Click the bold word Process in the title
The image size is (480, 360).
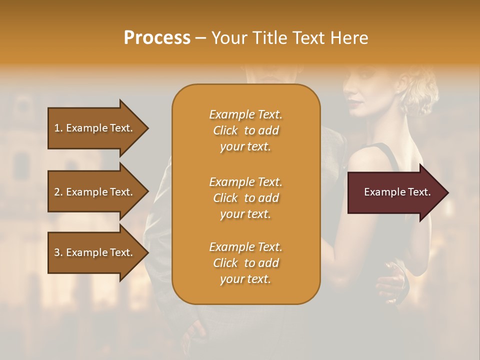pyautogui.click(x=157, y=38)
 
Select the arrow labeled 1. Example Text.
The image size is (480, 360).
pyautogui.click(x=95, y=128)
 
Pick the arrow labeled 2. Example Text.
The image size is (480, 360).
pyautogui.click(x=95, y=192)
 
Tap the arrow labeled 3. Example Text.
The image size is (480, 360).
pyautogui.click(x=95, y=252)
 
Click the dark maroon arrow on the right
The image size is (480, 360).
pyautogui.click(x=395, y=192)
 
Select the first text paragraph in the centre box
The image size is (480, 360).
pyautogui.click(x=246, y=130)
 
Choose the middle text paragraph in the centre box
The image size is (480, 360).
pyautogui.click(x=246, y=198)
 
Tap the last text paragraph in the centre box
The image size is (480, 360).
pyautogui.click(x=246, y=263)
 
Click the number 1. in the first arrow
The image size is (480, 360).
pyautogui.click(x=58, y=128)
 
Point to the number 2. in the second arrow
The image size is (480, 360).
pyautogui.click(x=58, y=192)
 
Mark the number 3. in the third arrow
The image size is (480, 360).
pyautogui.click(x=58, y=252)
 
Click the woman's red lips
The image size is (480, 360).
pyautogui.click(x=353, y=102)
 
